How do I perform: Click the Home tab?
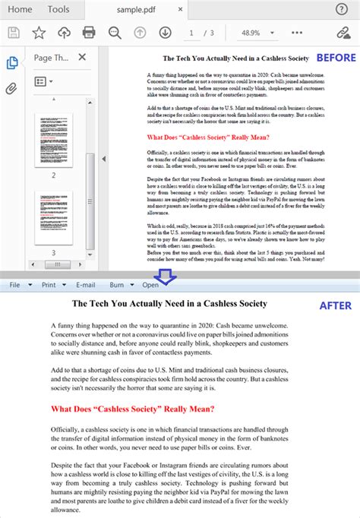[20, 9]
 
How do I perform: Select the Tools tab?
[58, 9]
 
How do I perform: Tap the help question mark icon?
[341, 9]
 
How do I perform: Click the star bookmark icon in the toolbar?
[39, 32]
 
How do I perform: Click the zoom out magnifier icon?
[115, 32]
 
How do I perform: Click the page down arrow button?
[165, 32]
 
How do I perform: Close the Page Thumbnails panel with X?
[82, 57]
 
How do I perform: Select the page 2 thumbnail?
[53, 141]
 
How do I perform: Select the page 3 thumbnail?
[53, 216]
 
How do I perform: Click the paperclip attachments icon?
[11, 88]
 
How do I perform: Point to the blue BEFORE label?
[335, 58]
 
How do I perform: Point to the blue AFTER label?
[335, 305]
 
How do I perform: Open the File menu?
[14, 285]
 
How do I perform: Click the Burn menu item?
[117, 285]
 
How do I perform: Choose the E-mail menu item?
[85, 285]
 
